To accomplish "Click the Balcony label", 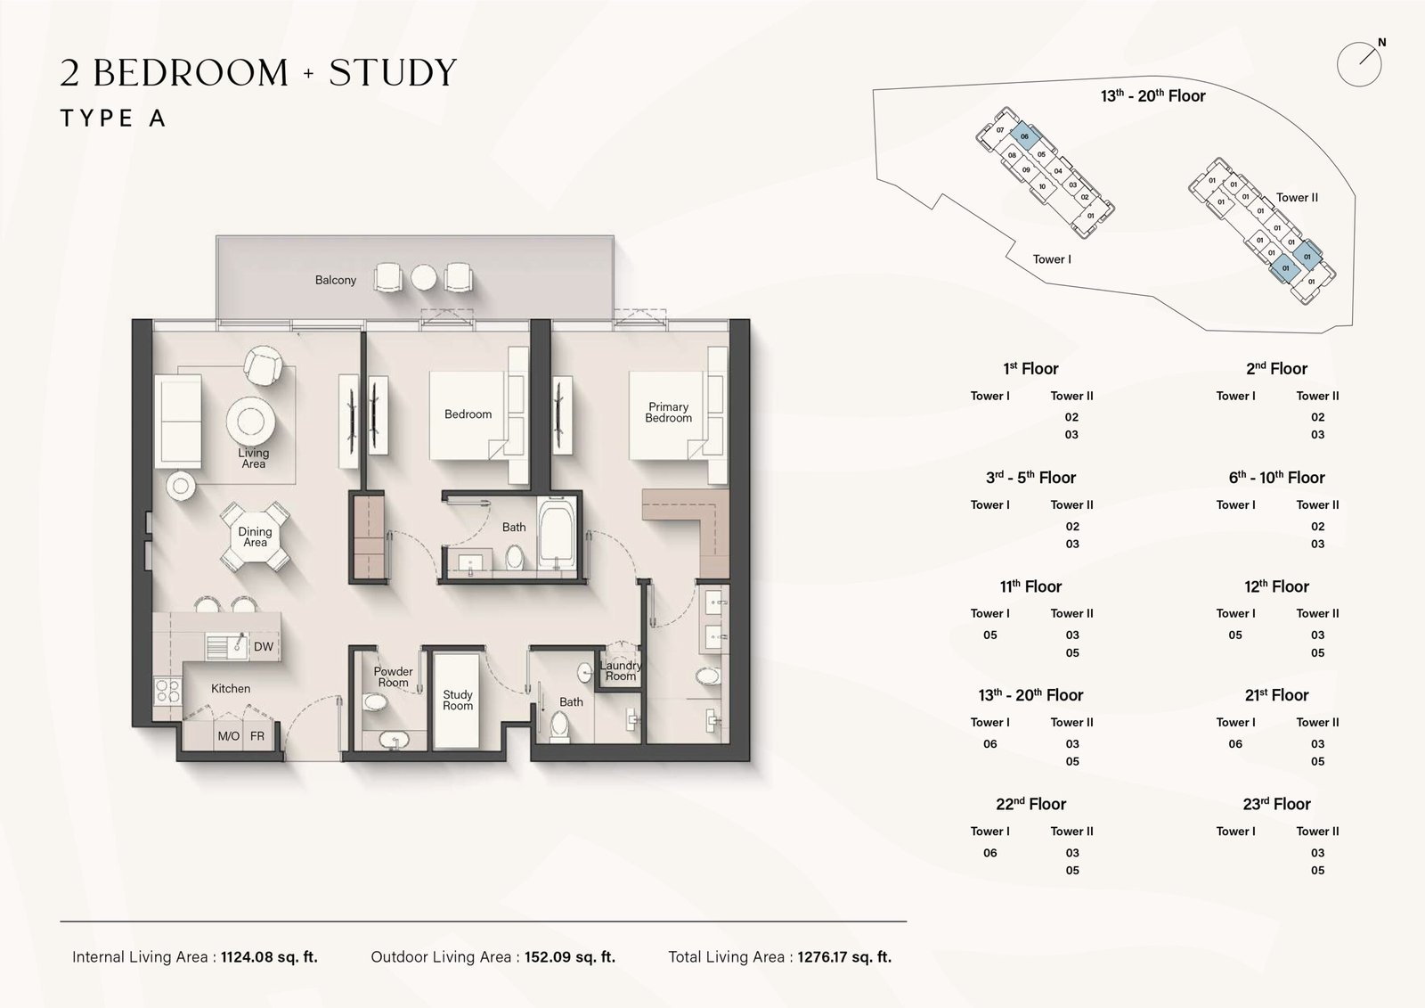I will click(335, 280).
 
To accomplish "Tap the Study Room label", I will click(458, 700).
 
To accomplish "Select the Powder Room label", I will click(393, 677).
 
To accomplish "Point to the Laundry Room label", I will click(620, 670).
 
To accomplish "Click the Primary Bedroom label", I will click(668, 412).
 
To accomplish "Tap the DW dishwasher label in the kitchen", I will click(264, 647).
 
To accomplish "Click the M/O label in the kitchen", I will click(229, 736).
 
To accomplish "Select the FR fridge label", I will click(257, 736).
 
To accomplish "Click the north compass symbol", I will click(1360, 63).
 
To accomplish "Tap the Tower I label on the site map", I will click(1052, 259).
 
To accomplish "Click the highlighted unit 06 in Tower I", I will click(1024, 136).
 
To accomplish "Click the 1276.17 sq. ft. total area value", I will click(843, 957).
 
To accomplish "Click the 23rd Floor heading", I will click(1276, 804).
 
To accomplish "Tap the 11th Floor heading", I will click(1030, 586).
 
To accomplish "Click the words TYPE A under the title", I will click(113, 119).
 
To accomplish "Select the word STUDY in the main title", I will click(393, 73).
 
